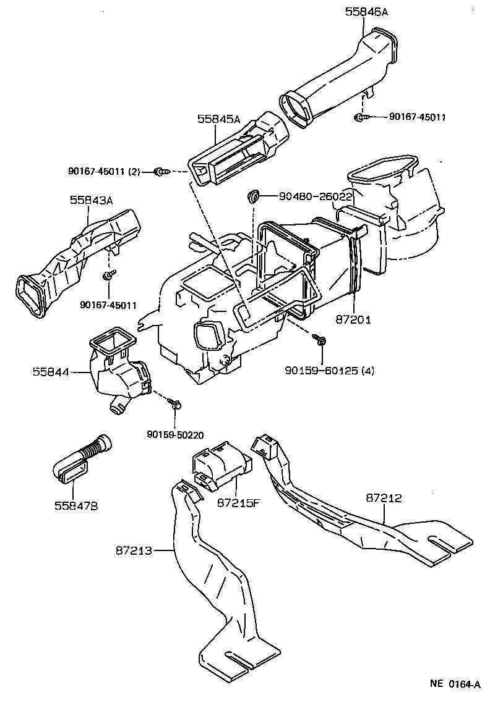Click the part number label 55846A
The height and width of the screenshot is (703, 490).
pyautogui.click(x=366, y=12)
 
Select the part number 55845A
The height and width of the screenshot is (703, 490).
pyautogui.click(x=218, y=119)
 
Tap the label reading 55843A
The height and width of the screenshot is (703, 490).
pyautogui.click(x=91, y=200)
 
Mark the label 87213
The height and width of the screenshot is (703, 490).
pyautogui.click(x=132, y=549)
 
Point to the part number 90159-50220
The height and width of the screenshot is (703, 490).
pyautogui.click(x=175, y=434)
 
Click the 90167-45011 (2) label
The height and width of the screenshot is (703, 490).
pyautogui.click(x=104, y=172)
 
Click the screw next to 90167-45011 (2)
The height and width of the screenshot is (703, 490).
pyautogui.click(x=161, y=172)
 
